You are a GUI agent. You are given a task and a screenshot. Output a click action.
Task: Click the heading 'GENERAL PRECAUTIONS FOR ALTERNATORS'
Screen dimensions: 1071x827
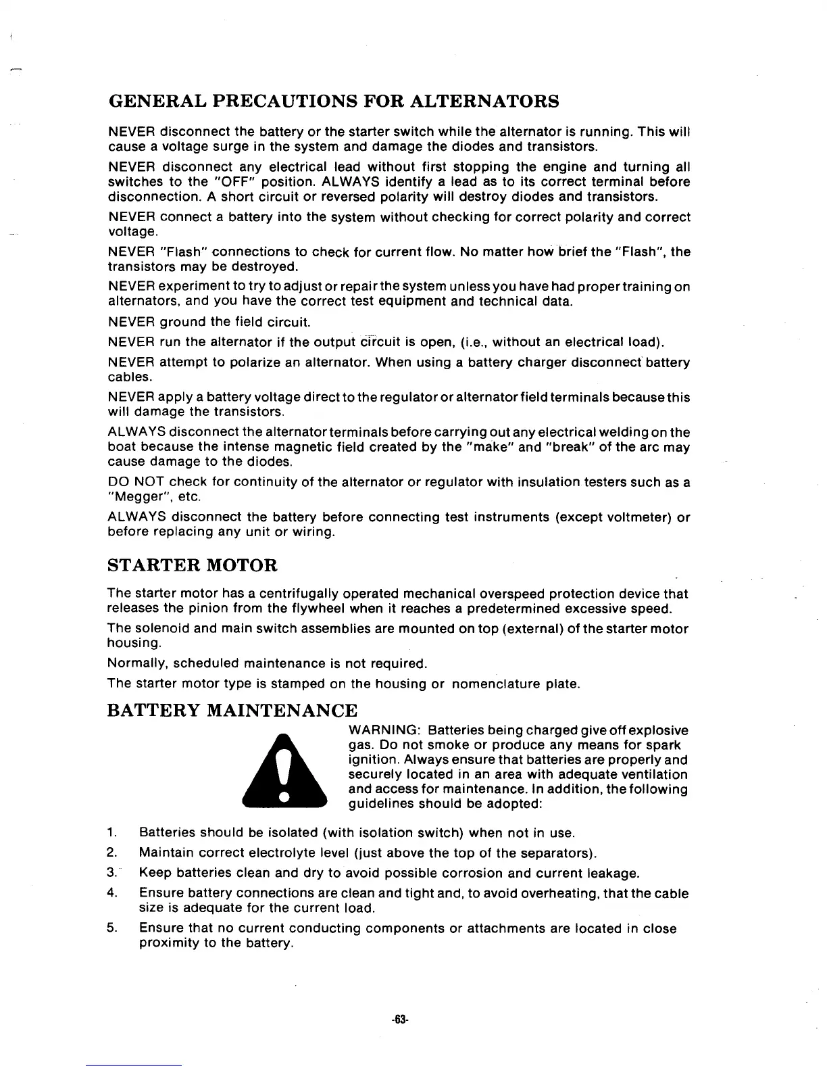[334, 101]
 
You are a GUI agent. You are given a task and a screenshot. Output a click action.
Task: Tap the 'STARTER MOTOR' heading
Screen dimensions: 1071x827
[193, 565]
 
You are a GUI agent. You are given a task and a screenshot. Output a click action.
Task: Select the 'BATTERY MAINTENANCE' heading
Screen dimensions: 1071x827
[232, 711]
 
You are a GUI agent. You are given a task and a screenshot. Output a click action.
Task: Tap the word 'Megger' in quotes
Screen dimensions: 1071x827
[138, 498]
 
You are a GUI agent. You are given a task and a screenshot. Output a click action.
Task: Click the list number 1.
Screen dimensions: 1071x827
[112, 832]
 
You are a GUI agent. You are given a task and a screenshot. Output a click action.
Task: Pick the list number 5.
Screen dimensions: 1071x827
[112, 928]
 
